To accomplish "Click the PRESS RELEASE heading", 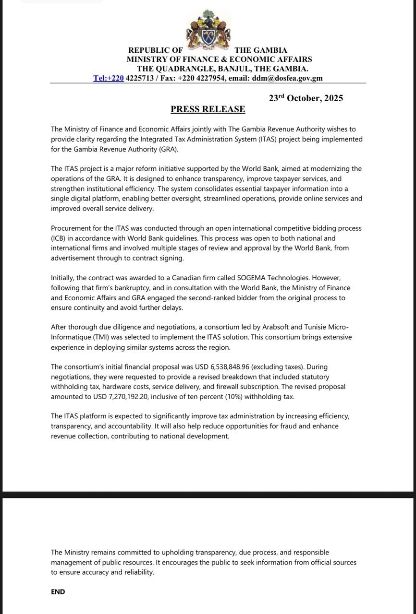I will coord(208,109).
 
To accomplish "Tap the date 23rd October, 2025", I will coord(306,98).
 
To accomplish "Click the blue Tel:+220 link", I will coord(109,78).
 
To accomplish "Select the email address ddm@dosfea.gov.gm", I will coord(287,78).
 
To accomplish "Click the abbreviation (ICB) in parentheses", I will coord(60,238).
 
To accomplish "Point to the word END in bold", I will coord(58,592).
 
